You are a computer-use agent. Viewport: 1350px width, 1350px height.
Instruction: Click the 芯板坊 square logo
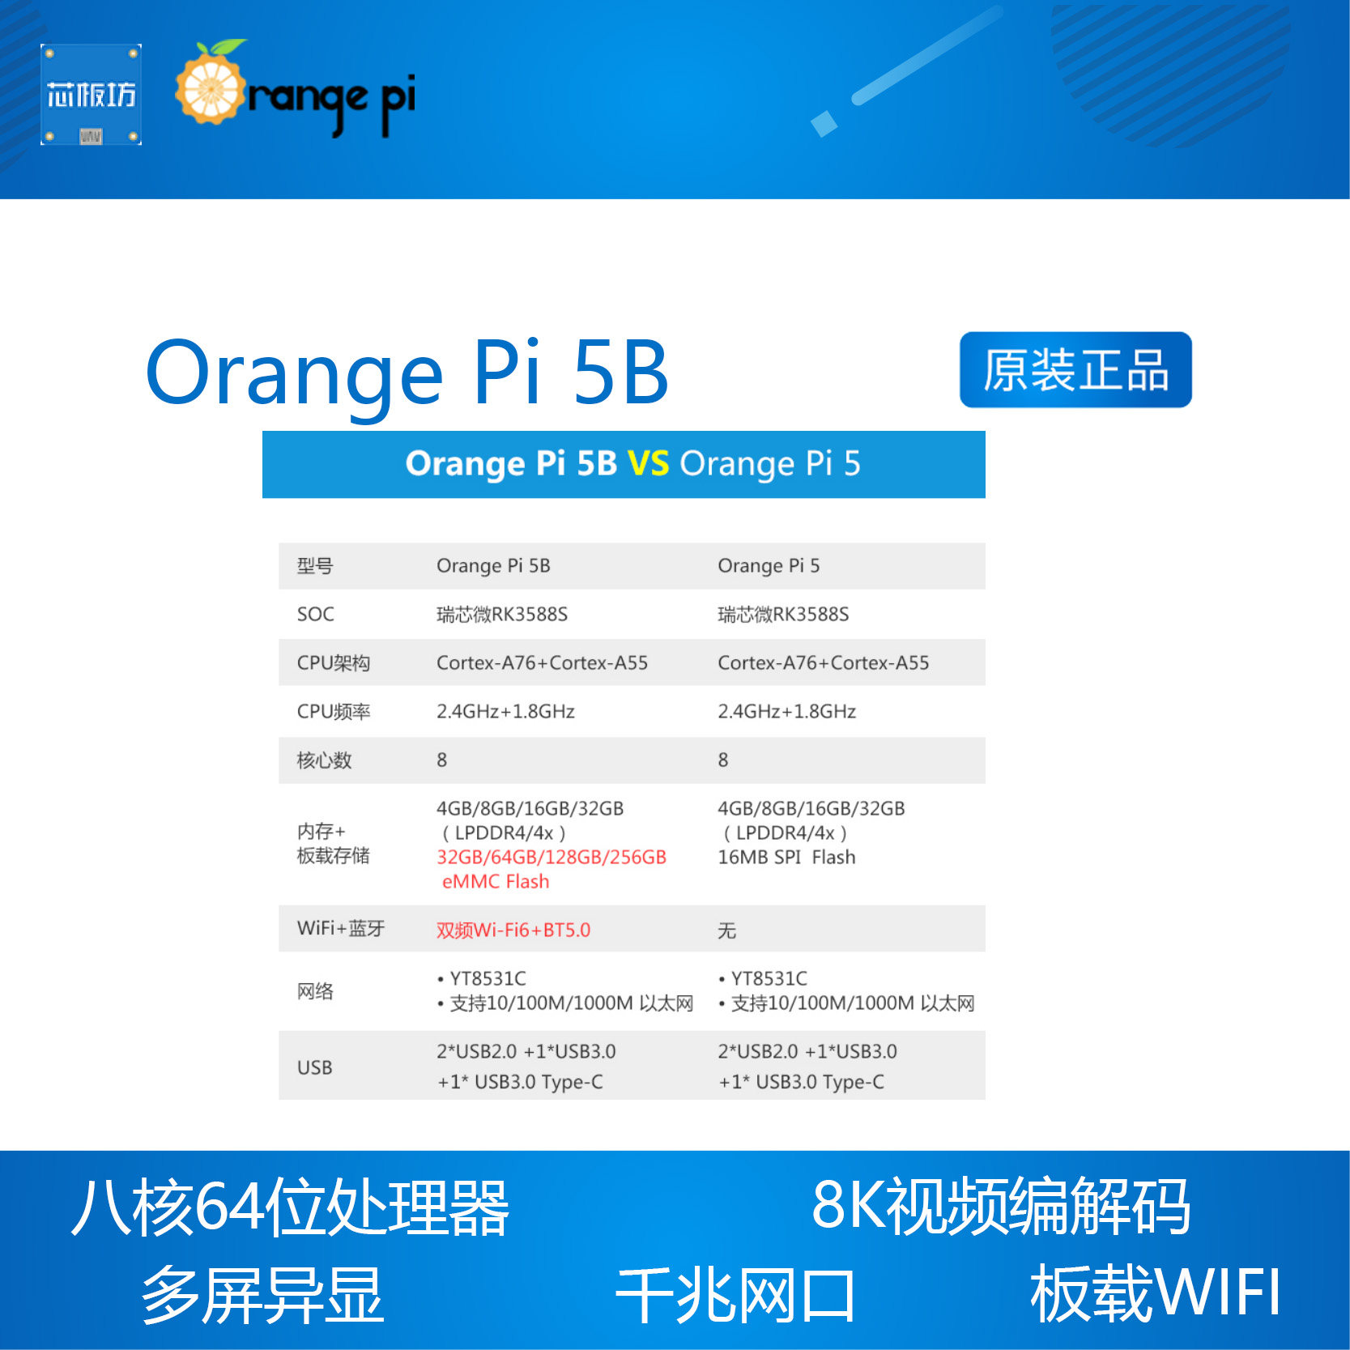[x=91, y=95]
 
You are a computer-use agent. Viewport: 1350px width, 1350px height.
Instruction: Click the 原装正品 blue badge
[x=1075, y=369]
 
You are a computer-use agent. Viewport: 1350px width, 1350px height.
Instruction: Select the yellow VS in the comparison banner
[x=648, y=464]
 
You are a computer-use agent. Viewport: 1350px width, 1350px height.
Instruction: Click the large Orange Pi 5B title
[x=407, y=373]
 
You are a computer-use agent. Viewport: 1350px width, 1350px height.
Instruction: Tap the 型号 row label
[x=314, y=566]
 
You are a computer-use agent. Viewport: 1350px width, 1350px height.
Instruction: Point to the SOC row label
[x=315, y=614]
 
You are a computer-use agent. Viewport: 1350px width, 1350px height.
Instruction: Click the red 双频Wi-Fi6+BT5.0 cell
[x=513, y=930]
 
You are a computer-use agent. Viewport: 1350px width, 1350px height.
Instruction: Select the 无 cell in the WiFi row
[x=726, y=931]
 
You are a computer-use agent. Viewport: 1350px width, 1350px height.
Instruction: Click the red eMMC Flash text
[x=495, y=881]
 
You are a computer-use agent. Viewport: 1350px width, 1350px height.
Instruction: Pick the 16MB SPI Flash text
[x=786, y=857]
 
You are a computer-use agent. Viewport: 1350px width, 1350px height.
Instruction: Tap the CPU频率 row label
[x=333, y=711]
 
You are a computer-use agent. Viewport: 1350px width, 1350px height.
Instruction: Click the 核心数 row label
[x=324, y=760]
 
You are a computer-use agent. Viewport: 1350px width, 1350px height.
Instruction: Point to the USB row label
[x=314, y=1067]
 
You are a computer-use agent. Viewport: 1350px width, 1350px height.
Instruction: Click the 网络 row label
[x=315, y=991]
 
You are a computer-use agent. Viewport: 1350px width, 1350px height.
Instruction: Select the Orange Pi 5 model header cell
[x=768, y=565]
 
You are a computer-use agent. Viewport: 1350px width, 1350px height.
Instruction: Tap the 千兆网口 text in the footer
[x=735, y=1294]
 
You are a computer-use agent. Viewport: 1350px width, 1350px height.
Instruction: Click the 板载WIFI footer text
[x=1154, y=1293]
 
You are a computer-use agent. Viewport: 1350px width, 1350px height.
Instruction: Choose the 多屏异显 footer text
[x=262, y=1294]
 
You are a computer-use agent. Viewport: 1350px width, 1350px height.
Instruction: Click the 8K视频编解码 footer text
[x=1000, y=1207]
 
